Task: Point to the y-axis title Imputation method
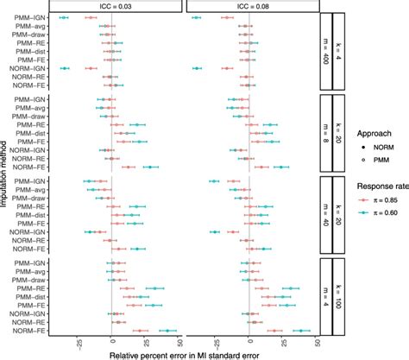[x=7, y=173]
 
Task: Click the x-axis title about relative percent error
[x=181, y=353]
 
